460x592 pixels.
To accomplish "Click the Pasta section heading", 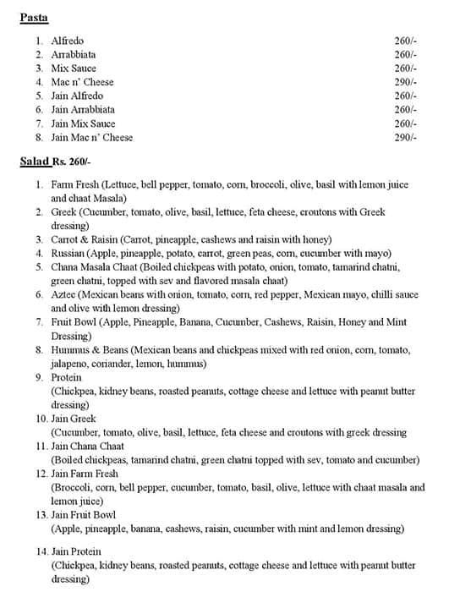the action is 34,17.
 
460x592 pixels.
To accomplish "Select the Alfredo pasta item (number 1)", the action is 67,41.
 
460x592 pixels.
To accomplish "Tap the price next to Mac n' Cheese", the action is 405,82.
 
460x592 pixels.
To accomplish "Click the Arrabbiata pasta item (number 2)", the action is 74,54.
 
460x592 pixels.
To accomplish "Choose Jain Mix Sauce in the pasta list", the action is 83,123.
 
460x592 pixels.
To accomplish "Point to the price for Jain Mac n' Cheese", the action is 405,137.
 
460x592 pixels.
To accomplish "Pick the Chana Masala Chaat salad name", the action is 95,266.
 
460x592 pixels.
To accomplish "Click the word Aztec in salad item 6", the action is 63,294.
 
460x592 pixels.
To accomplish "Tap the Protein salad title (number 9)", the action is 67,377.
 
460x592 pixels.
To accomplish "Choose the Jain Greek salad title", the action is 74,419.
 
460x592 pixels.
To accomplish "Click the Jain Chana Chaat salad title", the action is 88,446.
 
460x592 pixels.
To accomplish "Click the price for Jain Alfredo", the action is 405,96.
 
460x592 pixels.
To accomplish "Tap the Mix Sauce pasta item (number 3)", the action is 74,69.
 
